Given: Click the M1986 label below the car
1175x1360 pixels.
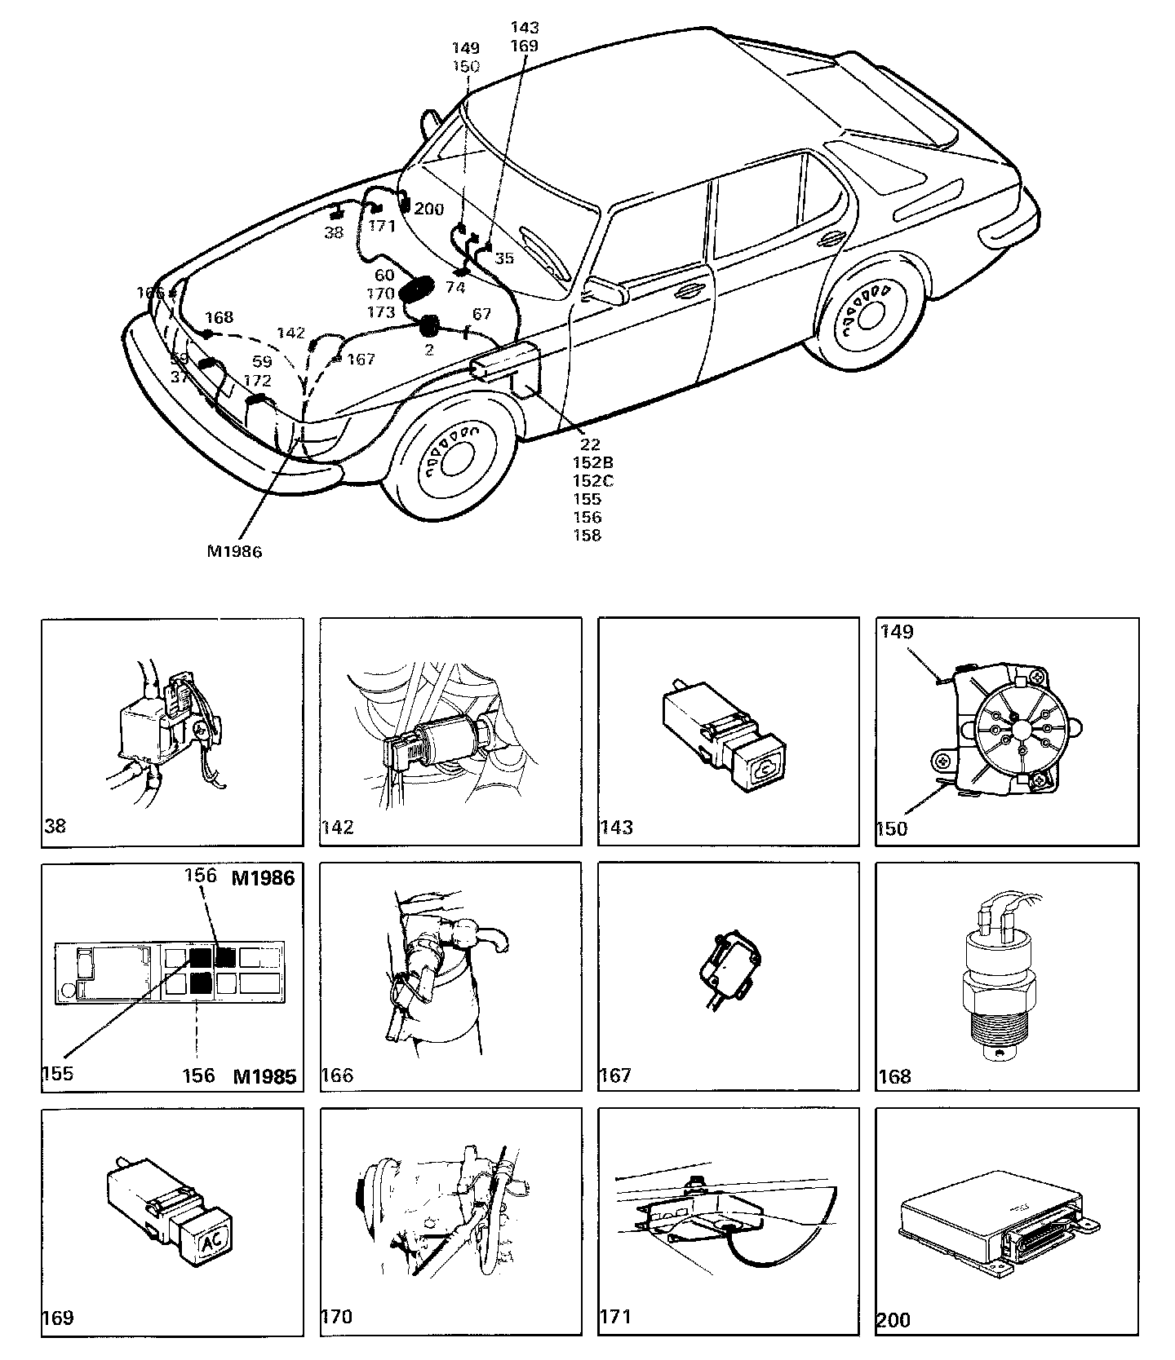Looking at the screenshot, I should [x=234, y=551].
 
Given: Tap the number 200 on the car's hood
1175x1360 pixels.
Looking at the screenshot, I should [x=428, y=210].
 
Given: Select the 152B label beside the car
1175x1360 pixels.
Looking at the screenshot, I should [x=592, y=462].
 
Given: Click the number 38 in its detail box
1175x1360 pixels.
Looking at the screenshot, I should [x=55, y=826].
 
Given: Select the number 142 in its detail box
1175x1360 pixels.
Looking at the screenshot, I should [x=338, y=828].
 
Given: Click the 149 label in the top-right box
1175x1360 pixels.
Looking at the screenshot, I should [x=897, y=631].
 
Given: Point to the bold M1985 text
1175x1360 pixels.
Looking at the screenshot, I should [x=264, y=1076].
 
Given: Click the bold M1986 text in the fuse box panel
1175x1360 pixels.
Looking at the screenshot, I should [x=263, y=878].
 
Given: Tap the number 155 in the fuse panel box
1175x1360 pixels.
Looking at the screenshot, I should [x=57, y=1073].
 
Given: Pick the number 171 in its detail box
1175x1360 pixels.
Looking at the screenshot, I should [x=614, y=1317].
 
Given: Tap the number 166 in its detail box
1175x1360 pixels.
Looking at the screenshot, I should [x=337, y=1075].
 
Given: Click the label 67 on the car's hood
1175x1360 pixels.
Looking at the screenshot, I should [x=481, y=314].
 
